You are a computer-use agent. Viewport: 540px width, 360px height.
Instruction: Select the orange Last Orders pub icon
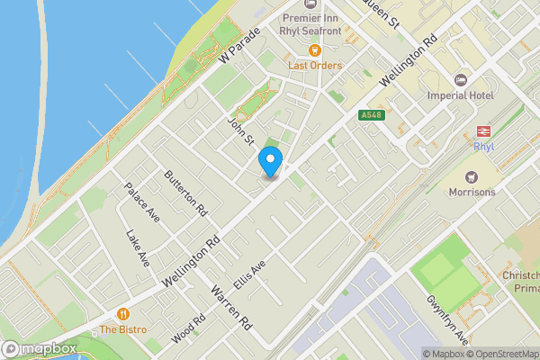tap(314, 50)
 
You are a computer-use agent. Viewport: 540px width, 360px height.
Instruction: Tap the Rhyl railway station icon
tap(482, 130)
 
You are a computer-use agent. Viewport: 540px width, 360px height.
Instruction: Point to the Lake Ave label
tap(139, 248)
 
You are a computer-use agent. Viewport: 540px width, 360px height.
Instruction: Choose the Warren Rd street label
tap(229, 306)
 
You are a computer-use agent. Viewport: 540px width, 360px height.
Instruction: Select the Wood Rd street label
tap(182, 335)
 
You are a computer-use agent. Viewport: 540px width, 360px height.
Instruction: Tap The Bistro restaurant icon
tap(124, 315)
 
